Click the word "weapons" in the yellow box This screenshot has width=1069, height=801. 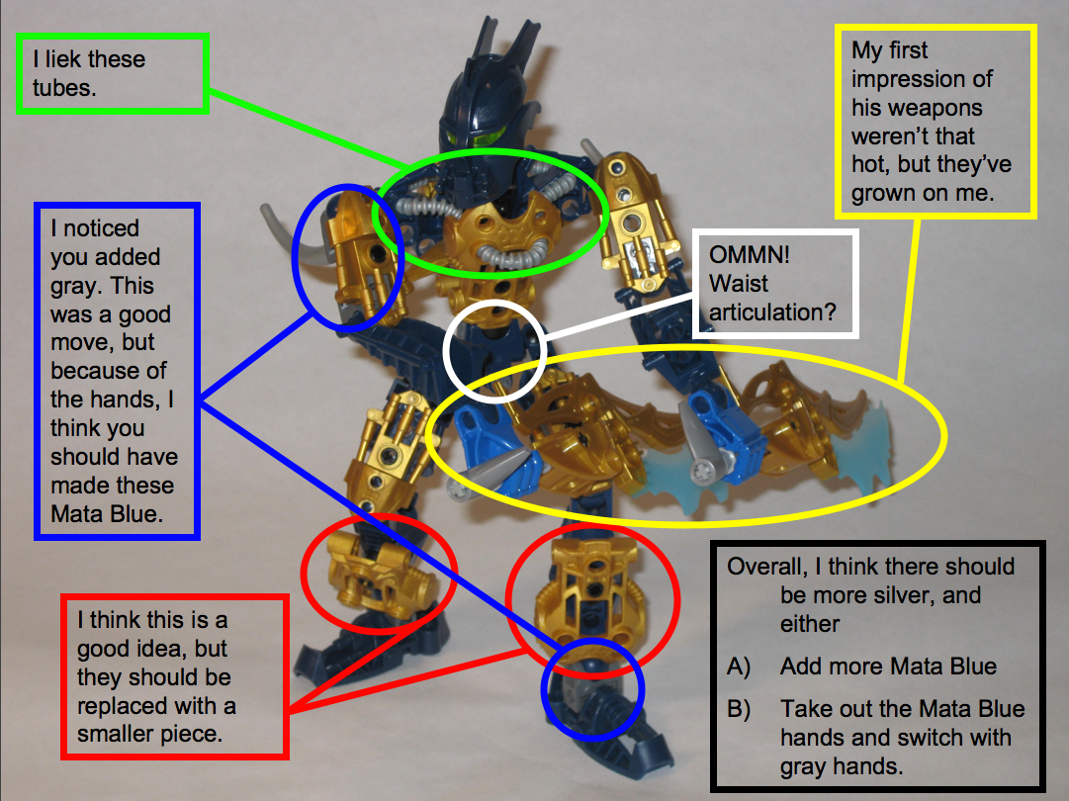[917, 107]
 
